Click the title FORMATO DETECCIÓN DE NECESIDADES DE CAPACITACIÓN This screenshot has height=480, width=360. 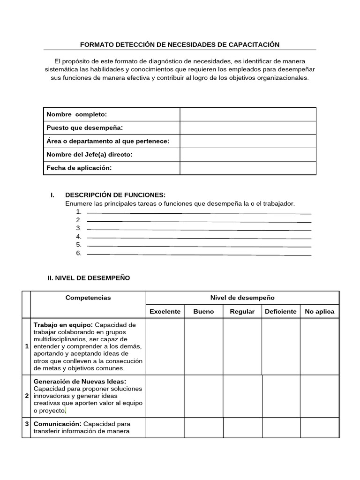[180, 45]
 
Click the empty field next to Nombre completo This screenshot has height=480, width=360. [247, 114]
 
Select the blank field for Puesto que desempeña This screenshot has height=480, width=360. [247, 128]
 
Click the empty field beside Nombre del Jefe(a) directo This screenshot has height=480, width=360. [247, 155]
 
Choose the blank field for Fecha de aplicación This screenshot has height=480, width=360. [247, 168]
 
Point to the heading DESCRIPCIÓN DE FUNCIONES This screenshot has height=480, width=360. [115, 195]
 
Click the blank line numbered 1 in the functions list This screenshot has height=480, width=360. [199, 212]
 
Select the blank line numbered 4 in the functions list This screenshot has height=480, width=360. [199, 237]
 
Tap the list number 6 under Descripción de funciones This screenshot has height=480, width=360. [79, 253]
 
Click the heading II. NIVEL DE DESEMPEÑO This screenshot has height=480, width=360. [89, 278]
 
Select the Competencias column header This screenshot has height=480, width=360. [88, 298]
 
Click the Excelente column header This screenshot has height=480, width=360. [165, 311]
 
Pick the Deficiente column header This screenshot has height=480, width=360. [280, 311]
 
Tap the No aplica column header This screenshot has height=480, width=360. [319, 311]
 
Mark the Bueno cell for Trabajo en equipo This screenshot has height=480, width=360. [203, 346]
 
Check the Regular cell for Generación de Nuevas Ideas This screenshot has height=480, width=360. [242, 396]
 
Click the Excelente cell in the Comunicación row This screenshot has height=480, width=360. [165, 427]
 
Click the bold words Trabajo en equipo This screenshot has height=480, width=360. [63, 325]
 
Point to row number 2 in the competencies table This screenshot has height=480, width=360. [26, 396]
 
